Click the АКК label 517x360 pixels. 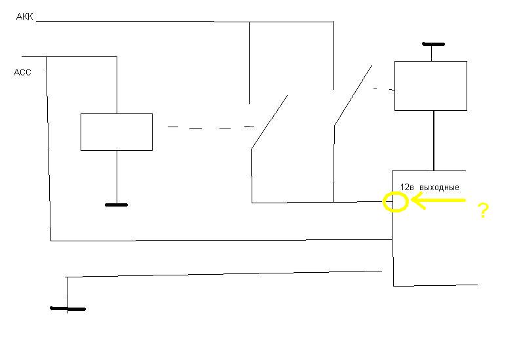[x=25, y=16]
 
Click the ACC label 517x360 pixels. [x=22, y=72]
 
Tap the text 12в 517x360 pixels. [x=407, y=187]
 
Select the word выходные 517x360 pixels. [x=439, y=188]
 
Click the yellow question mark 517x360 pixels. [x=484, y=210]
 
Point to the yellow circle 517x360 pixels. [x=383, y=201]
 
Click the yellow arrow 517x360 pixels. [x=438, y=200]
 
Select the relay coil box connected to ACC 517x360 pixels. [x=117, y=114]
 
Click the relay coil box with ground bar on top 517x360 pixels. [x=431, y=62]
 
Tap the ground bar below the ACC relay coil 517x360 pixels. [x=116, y=205]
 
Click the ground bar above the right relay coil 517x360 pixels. [x=433, y=44]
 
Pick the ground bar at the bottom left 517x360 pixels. [x=68, y=309]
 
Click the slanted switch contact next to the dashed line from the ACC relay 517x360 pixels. [x=269, y=122]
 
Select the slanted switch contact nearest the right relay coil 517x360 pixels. [x=353, y=95]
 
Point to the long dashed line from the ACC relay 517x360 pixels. [x=211, y=127]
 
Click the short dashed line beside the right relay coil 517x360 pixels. [x=384, y=89]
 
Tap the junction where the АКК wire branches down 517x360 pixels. [x=249, y=22]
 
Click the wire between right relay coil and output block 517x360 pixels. [x=434, y=140]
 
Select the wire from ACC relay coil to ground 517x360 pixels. [x=117, y=177]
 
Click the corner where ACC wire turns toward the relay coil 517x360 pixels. [x=117, y=57]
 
